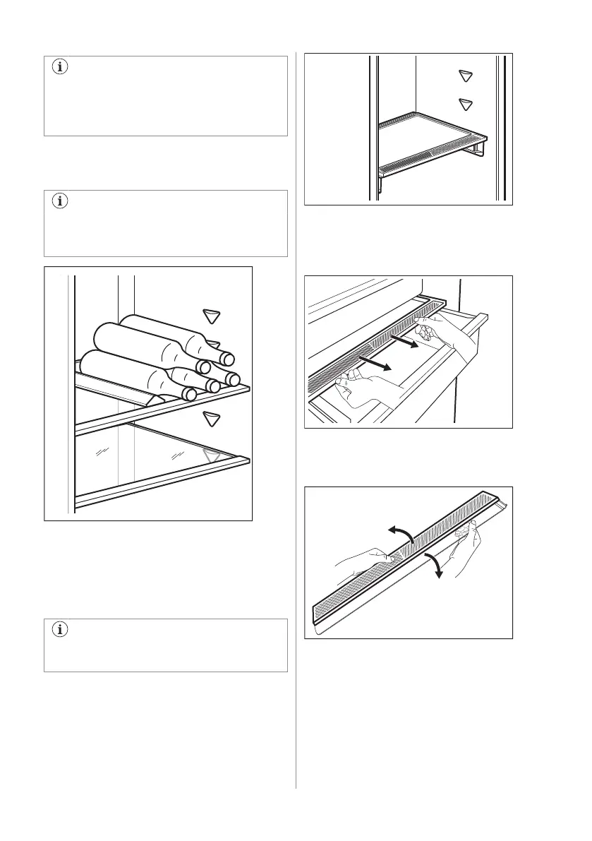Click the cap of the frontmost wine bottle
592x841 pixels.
tap(188, 393)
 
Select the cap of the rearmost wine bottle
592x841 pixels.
tap(227, 359)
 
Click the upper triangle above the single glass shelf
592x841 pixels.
tap(464, 76)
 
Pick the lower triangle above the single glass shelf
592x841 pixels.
tap(464, 105)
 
